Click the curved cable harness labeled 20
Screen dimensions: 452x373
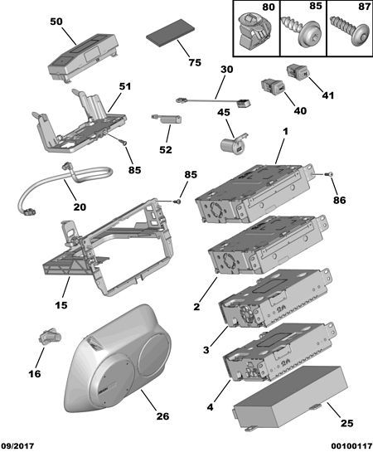point(62,187)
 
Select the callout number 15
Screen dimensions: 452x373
point(62,306)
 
